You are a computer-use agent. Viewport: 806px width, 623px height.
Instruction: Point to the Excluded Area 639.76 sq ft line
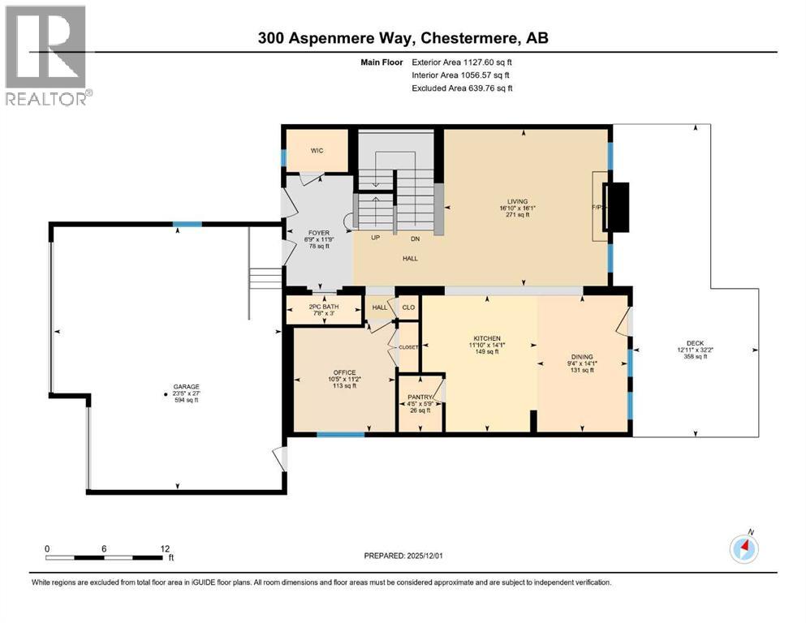(x=462, y=88)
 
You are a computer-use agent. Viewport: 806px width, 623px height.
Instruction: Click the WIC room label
(x=317, y=151)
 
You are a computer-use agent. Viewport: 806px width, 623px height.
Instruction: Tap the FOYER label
(x=318, y=233)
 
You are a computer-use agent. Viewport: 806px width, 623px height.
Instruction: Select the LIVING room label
(x=518, y=202)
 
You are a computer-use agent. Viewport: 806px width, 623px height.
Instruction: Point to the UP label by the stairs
(x=376, y=238)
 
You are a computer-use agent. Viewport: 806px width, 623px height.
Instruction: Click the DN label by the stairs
(x=416, y=238)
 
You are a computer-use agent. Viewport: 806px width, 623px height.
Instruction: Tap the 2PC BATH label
(x=323, y=307)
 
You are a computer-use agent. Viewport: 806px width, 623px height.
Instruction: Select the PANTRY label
(x=420, y=397)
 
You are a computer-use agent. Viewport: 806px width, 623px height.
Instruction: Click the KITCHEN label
(x=488, y=338)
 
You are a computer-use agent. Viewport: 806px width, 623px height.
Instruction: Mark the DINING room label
(x=582, y=357)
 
